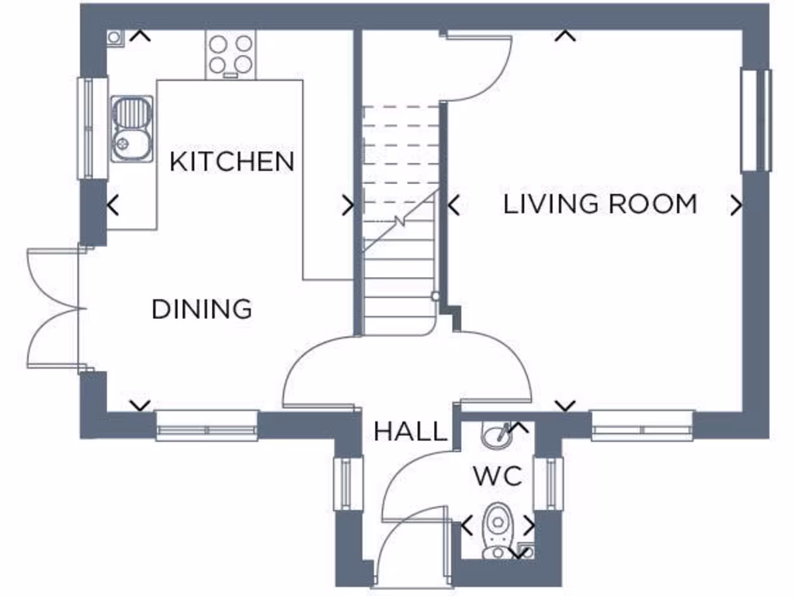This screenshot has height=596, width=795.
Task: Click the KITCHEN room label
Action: (232, 162)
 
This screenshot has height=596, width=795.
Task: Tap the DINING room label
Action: (202, 309)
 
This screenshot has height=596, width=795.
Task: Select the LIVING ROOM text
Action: (600, 204)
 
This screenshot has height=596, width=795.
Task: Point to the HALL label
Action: (411, 431)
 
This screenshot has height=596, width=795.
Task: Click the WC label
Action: (497, 476)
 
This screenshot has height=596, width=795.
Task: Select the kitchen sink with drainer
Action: (131, 129)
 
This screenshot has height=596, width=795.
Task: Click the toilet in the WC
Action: (495, 529)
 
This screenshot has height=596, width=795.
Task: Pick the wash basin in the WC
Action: (496, 436)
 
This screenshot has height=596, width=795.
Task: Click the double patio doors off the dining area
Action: (54, 309)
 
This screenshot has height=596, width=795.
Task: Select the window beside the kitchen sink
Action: (91, 128)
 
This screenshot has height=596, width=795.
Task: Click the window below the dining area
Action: (207, 425)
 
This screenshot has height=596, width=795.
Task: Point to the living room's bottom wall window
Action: (642, 425)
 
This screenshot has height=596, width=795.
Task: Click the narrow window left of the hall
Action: (348, 483)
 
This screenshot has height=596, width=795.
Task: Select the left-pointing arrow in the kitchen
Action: (113, 206)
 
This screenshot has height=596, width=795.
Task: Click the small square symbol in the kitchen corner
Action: (114, 36)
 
